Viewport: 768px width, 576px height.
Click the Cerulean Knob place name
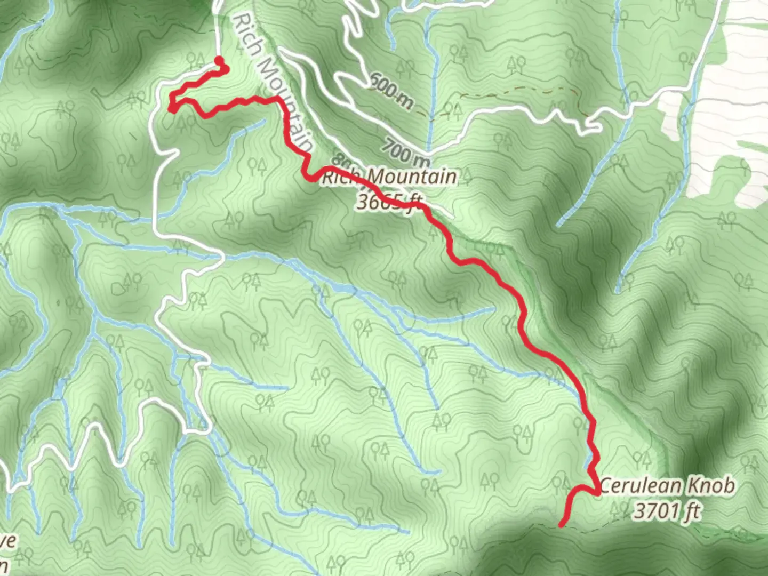667,486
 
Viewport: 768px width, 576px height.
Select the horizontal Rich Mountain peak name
389,177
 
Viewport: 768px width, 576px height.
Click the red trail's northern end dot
218,60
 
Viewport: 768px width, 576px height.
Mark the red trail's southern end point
562,525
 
